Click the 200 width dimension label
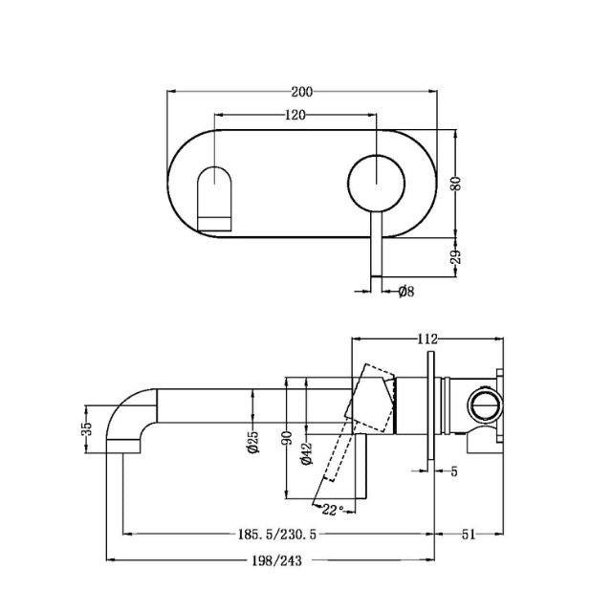(302, 92)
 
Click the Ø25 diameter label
(253, 448)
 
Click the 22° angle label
(332, 508)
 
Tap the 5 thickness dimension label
(454, 470)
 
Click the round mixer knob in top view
(375, 183)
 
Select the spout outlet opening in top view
(215, 198)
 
